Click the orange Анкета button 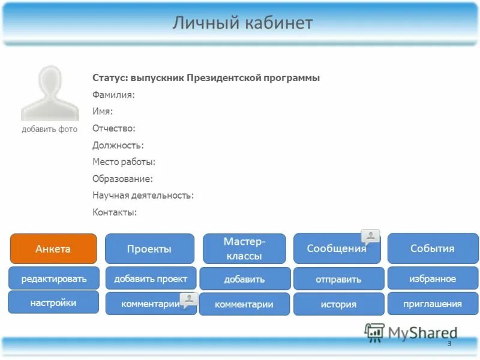click(x=53, y=248)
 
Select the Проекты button click(x=149, y=248)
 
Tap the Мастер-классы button click(x=244, y=248)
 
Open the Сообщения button click(x=336, y=248)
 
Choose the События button click(x=431, y=248)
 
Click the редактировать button click(x=53, y=278)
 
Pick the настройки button click(x=53, y=302)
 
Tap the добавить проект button click(x=150, y=278)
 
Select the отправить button click(x=338, y=279)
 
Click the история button click(x=338, y=304)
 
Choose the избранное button click(x=432, y=278)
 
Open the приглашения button click(x=432, y=304)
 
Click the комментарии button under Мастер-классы click(x=244, y=304)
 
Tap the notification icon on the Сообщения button click(x=371, y=236)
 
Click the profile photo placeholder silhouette click(x=50, y=93)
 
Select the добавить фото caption click(x=49, y=129)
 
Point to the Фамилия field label click(x=113, y=95)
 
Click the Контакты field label click(x=115, y=212)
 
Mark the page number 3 click(x=449, y=343)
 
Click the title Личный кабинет click(x=242, y=23)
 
